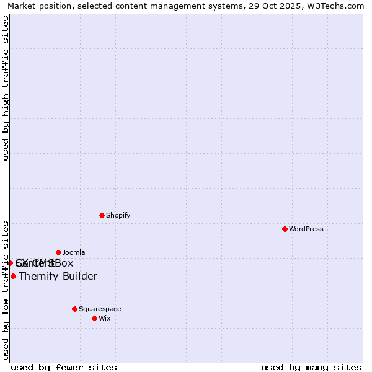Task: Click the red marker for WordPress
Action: click(x=285, y=229)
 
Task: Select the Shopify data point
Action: click(x=102, y=215)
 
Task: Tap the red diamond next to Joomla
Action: click(x=58, y=252)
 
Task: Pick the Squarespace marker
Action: click(x=74, y=309)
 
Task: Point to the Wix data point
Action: click(x=94, y=318)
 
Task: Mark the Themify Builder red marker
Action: click(x=13, y=276)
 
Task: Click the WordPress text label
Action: click(x=306, y=229)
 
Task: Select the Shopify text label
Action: click(x=118, y=215)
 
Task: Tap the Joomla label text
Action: click(x=74, y=252)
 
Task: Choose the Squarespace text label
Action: click(x=100, y=309)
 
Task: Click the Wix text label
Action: click(x=104, y=318)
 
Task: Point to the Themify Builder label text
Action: click(x=58, y=276)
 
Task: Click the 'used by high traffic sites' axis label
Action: click(x=6, y=88)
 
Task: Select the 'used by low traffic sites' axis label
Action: click(x=6, y=290)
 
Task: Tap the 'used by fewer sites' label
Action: click(x=64, y=367)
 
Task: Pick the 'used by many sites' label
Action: click(x=311, y=367)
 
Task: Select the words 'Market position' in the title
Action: click(x=36, y=6)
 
